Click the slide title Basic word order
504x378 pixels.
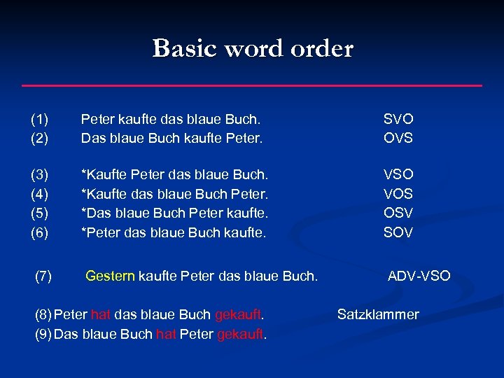coord(253,49)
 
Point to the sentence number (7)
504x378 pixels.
coord(43,276)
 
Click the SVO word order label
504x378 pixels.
coord(398,120)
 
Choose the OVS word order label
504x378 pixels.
coord(398,138)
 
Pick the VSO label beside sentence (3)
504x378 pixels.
coord(398,174)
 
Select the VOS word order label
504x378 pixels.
coord(398,193)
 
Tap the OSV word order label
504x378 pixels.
coord(398,212)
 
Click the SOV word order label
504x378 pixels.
coord(398,231)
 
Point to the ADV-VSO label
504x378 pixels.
coord(419,276)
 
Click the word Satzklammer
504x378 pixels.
coord(378,314)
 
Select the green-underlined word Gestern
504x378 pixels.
coord(110,276)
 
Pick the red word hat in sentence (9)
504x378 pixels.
coord(166,333)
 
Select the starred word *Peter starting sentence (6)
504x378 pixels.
coord(99,231)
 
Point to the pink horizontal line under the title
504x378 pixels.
coord(252,85)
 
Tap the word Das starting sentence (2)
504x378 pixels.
coord(93,138)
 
